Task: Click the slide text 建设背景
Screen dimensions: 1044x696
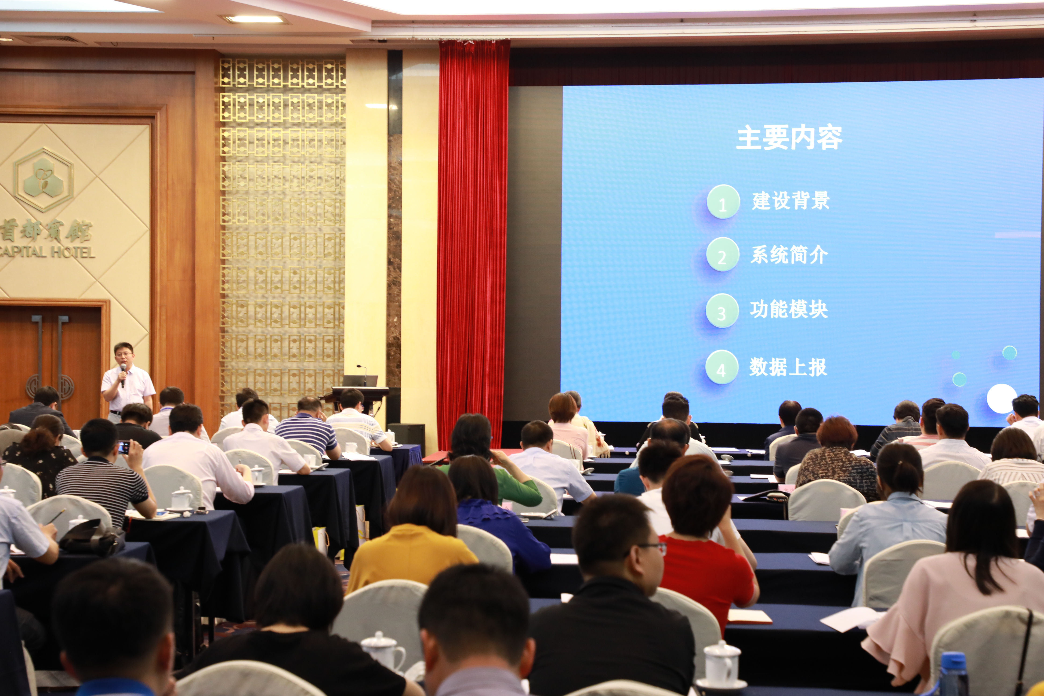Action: pyautogui.click(x=790, y=201)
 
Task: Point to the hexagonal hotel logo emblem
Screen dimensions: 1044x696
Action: pyautogui.click(x=43, y=179)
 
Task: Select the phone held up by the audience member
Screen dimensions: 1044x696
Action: pyautogui.click(x=124, y=447)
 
